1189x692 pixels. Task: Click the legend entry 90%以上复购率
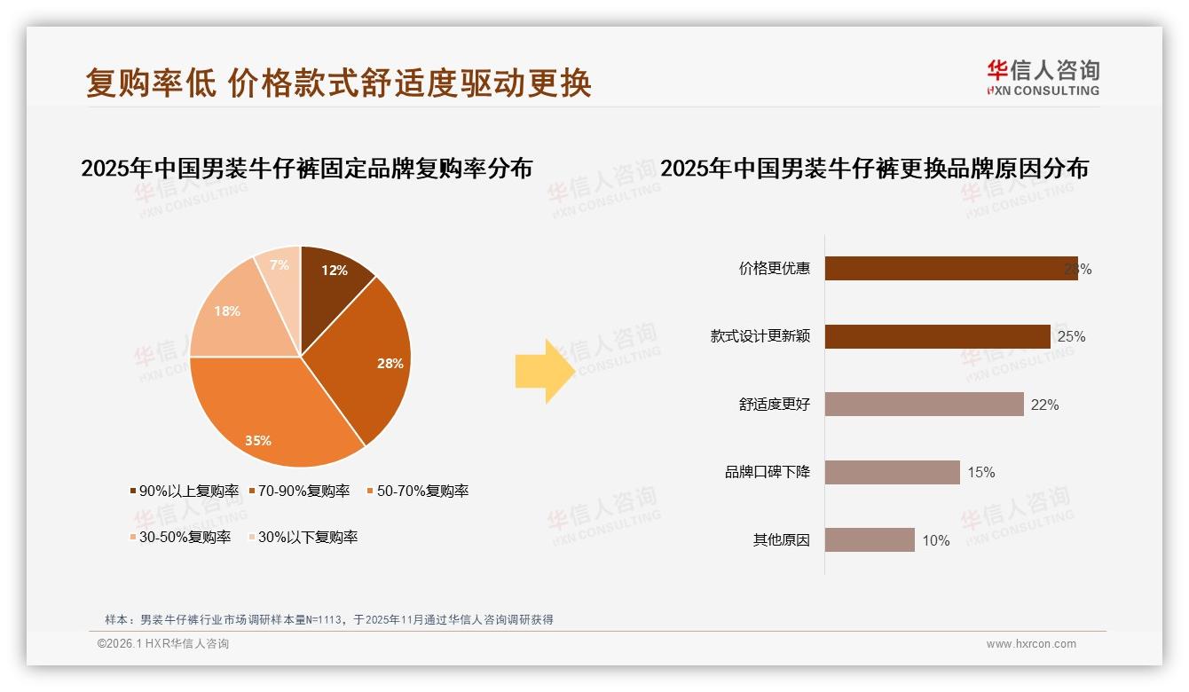point(185,491)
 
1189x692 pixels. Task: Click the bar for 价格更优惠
point(949,269)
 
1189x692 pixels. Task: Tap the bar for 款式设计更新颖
point(937,336)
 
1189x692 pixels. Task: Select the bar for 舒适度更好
point(924,405)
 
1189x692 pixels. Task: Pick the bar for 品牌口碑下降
point(892,472)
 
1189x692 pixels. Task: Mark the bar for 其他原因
point(870,539)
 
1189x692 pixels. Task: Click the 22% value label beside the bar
point(1044,405)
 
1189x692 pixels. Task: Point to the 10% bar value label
point(935,540)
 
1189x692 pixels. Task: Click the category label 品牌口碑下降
point(767,472)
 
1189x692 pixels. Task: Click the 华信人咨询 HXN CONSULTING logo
point(1042,77)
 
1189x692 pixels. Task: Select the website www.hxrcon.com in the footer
point(1030,644)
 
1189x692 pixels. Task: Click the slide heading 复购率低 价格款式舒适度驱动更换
point(338,83)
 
